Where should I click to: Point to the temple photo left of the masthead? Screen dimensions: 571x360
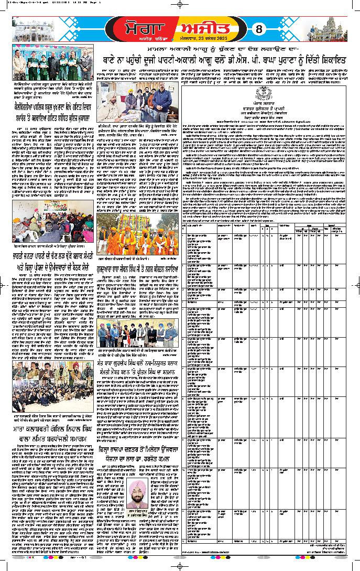point(31,24)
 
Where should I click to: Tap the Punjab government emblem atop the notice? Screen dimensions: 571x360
point(265,92)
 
